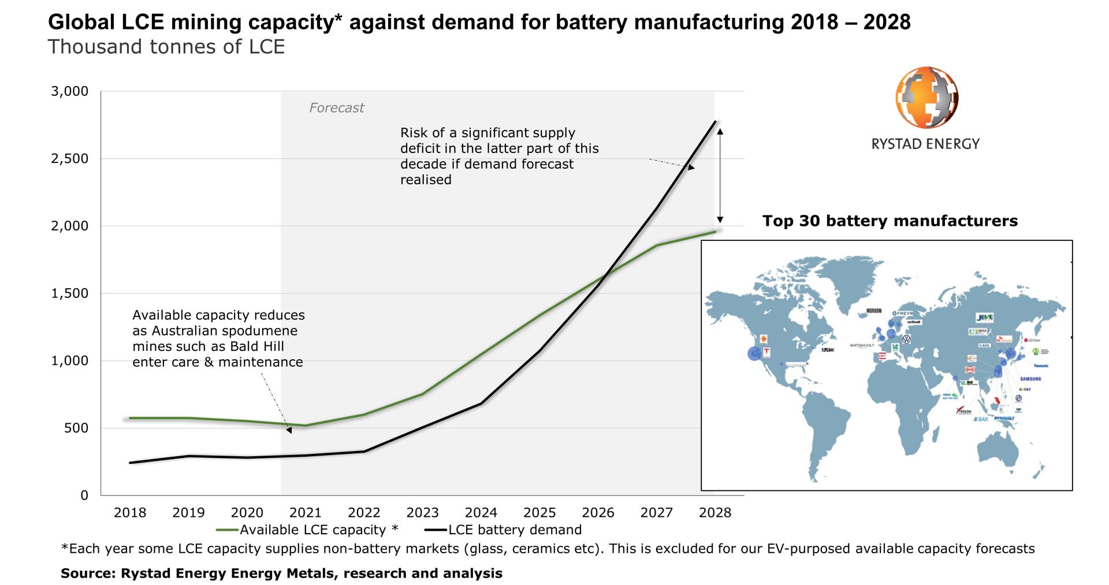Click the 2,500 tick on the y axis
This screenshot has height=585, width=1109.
tap(69, 159)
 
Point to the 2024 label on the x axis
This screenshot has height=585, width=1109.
tap(481, 513)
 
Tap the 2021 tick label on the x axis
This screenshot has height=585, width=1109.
tap(306, 513)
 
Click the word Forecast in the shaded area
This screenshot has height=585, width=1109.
tap(336, 108)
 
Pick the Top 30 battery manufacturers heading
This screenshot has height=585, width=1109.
tap(890, 221)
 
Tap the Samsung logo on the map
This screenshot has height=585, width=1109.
tap(1030, 379)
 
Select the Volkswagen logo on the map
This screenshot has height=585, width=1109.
tap(906, 339)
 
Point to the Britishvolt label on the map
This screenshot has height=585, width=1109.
tap(862, 345)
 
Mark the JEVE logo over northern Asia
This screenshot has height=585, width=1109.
tap(984, 318)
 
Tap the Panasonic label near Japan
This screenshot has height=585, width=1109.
tap(1041, 366)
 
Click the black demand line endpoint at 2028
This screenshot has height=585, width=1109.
tap(715, 122)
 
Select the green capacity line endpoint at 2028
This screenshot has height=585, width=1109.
tap(715, 232)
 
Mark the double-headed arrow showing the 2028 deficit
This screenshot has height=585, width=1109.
tap(720, 176)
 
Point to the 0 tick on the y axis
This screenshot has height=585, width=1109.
tap(84, 495)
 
